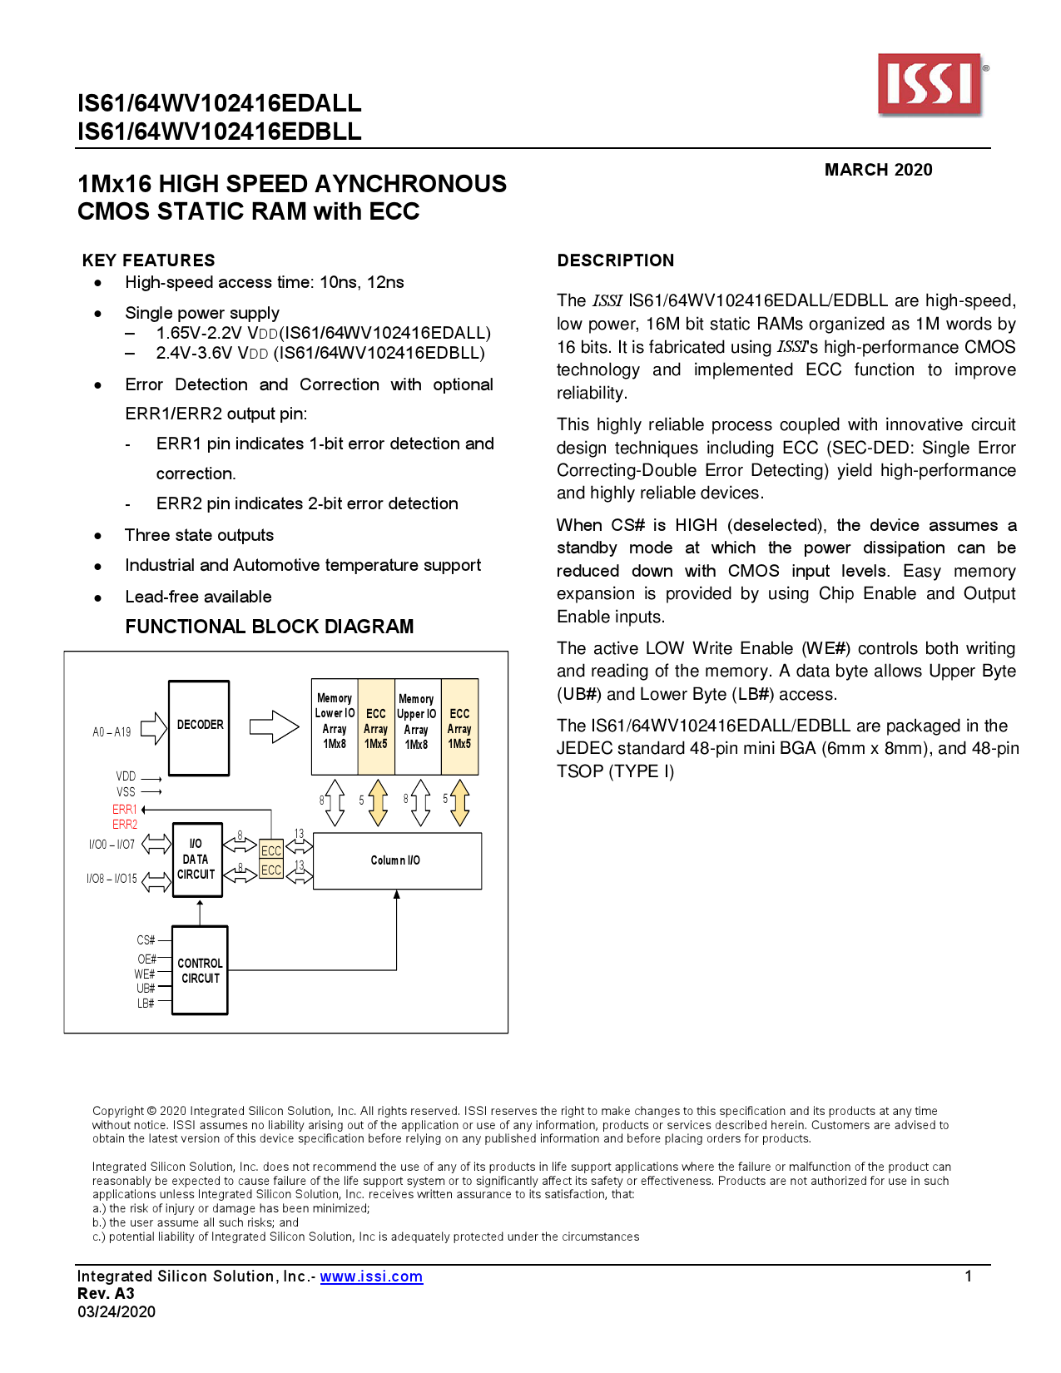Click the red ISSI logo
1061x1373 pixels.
point(930,84)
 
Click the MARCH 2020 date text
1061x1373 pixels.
point(878,170)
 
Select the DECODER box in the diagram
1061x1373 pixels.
point(200,726)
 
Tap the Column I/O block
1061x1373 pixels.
point(397,860)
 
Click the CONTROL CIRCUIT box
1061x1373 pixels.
point(200,970)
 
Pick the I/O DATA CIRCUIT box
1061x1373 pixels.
point(197,860)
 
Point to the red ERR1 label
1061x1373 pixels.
point(125,809)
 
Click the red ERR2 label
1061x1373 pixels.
point(125,825)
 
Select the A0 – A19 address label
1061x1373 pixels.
point(112,732)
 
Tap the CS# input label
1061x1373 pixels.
point(146,940)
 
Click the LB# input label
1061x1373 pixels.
point(146,1004)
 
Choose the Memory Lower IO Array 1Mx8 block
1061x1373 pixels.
point(335,721)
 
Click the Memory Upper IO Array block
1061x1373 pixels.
point(416,721)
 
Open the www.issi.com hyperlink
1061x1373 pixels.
point(371,1276)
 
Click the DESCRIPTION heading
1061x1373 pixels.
point(616,260)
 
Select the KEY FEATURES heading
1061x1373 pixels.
point(149,260)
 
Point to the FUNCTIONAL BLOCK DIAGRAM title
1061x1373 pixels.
point(269,627)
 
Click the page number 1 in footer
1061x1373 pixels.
point(968,1276)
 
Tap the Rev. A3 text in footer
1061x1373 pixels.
point(106,1294)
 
